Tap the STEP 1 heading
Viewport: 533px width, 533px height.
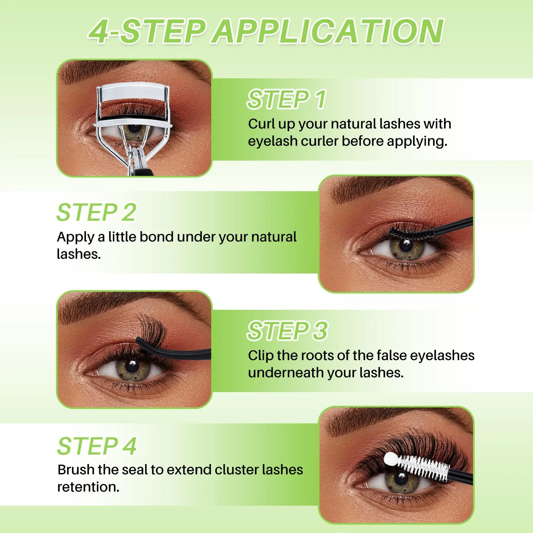(286, 99)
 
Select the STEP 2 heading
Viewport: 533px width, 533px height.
(97, 212)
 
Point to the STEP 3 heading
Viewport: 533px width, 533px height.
(287, 331)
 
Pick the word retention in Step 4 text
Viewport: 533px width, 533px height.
(88, 487)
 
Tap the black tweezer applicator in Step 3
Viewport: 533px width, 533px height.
(174, 349)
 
